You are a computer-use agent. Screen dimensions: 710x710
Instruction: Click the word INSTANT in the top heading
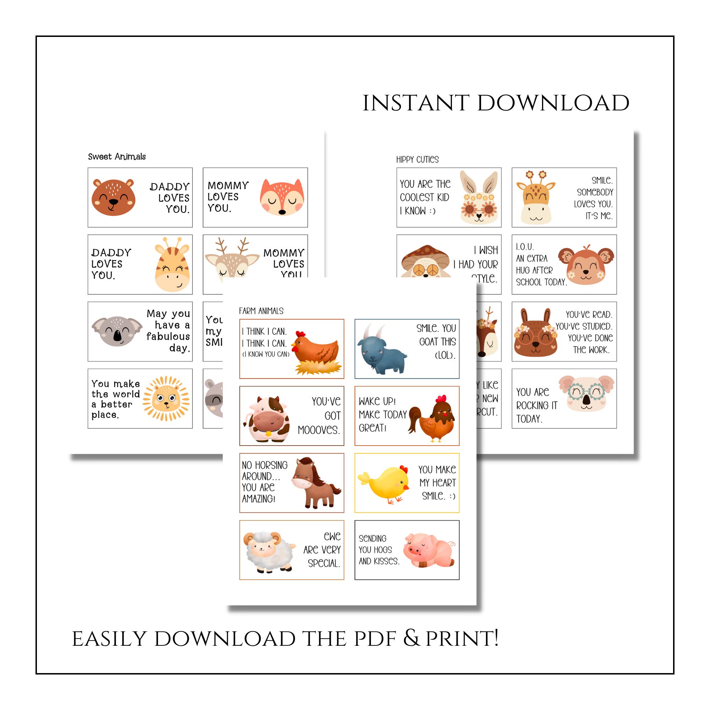[x=416, y=103]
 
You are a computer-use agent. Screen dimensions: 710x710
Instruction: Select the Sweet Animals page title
[x=116, y=157]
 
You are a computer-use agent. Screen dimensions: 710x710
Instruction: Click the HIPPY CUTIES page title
[x=417, y=159]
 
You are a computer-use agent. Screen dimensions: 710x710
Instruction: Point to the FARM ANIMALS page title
[x=261, y=311]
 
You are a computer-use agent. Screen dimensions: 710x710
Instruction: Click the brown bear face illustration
[x=113, y=197]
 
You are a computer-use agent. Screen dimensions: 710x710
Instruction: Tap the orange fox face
[x=282, y=197]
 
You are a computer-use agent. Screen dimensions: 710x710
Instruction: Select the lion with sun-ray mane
[x=166, y=398]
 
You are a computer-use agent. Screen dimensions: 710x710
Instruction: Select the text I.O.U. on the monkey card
[x=525, y=247]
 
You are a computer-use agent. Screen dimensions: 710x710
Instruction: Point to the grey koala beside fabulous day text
[x=117, y=331]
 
